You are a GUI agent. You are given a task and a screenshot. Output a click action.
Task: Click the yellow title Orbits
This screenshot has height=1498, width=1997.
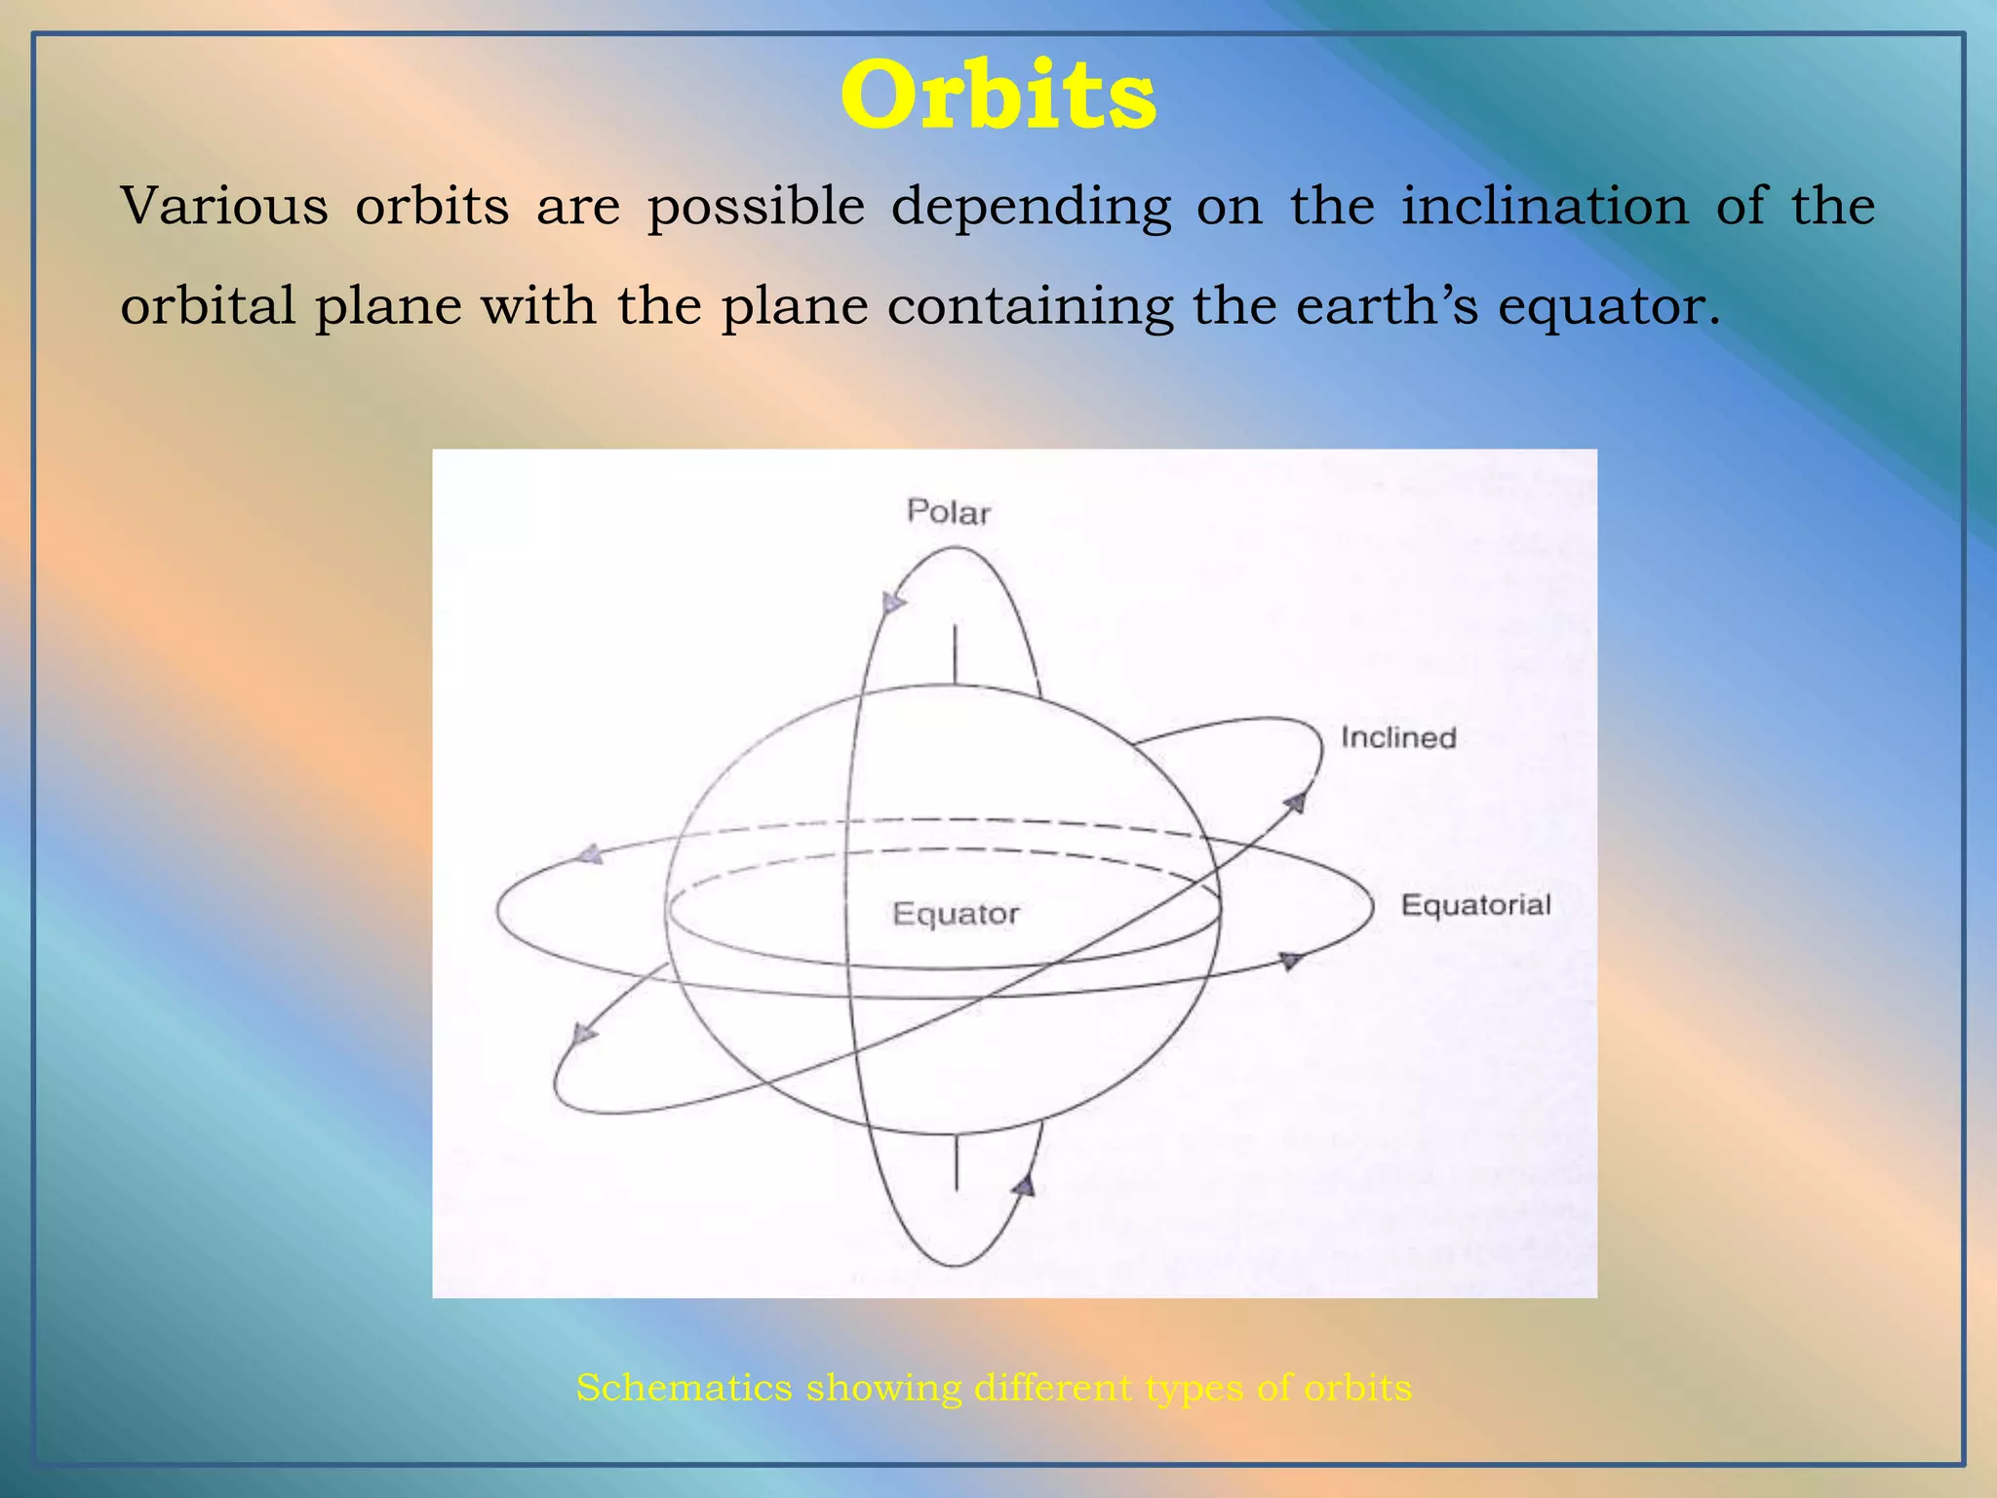click(x=998, y=96)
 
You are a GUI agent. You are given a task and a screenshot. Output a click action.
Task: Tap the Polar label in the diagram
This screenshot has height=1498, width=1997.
click(x=948, y=512)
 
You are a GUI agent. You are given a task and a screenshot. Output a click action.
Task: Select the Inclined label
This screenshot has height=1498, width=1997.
click(x=1397, y=737)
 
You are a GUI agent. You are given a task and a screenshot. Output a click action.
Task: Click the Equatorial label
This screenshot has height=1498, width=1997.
click(x=1475, y=905)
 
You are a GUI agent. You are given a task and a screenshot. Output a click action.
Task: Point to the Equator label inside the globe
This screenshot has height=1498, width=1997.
click(x=956, y=914)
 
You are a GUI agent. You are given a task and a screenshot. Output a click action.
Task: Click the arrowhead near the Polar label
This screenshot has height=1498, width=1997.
click(x=892, y=604)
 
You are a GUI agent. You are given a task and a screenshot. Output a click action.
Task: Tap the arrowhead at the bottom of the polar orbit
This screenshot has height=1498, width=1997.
click(x=1023, y=1186)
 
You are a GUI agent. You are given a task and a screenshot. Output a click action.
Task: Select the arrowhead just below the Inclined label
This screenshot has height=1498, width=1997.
click(x=1295, y=803)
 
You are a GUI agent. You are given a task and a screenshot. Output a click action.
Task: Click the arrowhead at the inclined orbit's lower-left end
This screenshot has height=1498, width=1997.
click(x=582, y=1034)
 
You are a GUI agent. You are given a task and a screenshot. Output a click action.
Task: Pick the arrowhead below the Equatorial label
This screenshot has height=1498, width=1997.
click(x=1290, y=961)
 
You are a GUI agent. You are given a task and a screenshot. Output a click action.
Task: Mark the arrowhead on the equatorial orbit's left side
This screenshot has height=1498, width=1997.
click(x=590, y=855)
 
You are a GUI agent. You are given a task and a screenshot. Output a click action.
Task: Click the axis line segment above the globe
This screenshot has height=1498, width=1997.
click(x=955, y=654)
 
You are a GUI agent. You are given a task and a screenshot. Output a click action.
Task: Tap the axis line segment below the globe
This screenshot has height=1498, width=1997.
click(x=956, y=1162)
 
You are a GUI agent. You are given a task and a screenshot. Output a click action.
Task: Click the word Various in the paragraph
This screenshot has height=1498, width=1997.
click(x=223, y=206)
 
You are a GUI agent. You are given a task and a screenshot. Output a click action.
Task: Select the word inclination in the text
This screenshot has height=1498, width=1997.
click(x=1545, y=206)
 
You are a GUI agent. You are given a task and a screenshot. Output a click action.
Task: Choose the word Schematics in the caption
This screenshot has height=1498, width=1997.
click(x=684, y=1387)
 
